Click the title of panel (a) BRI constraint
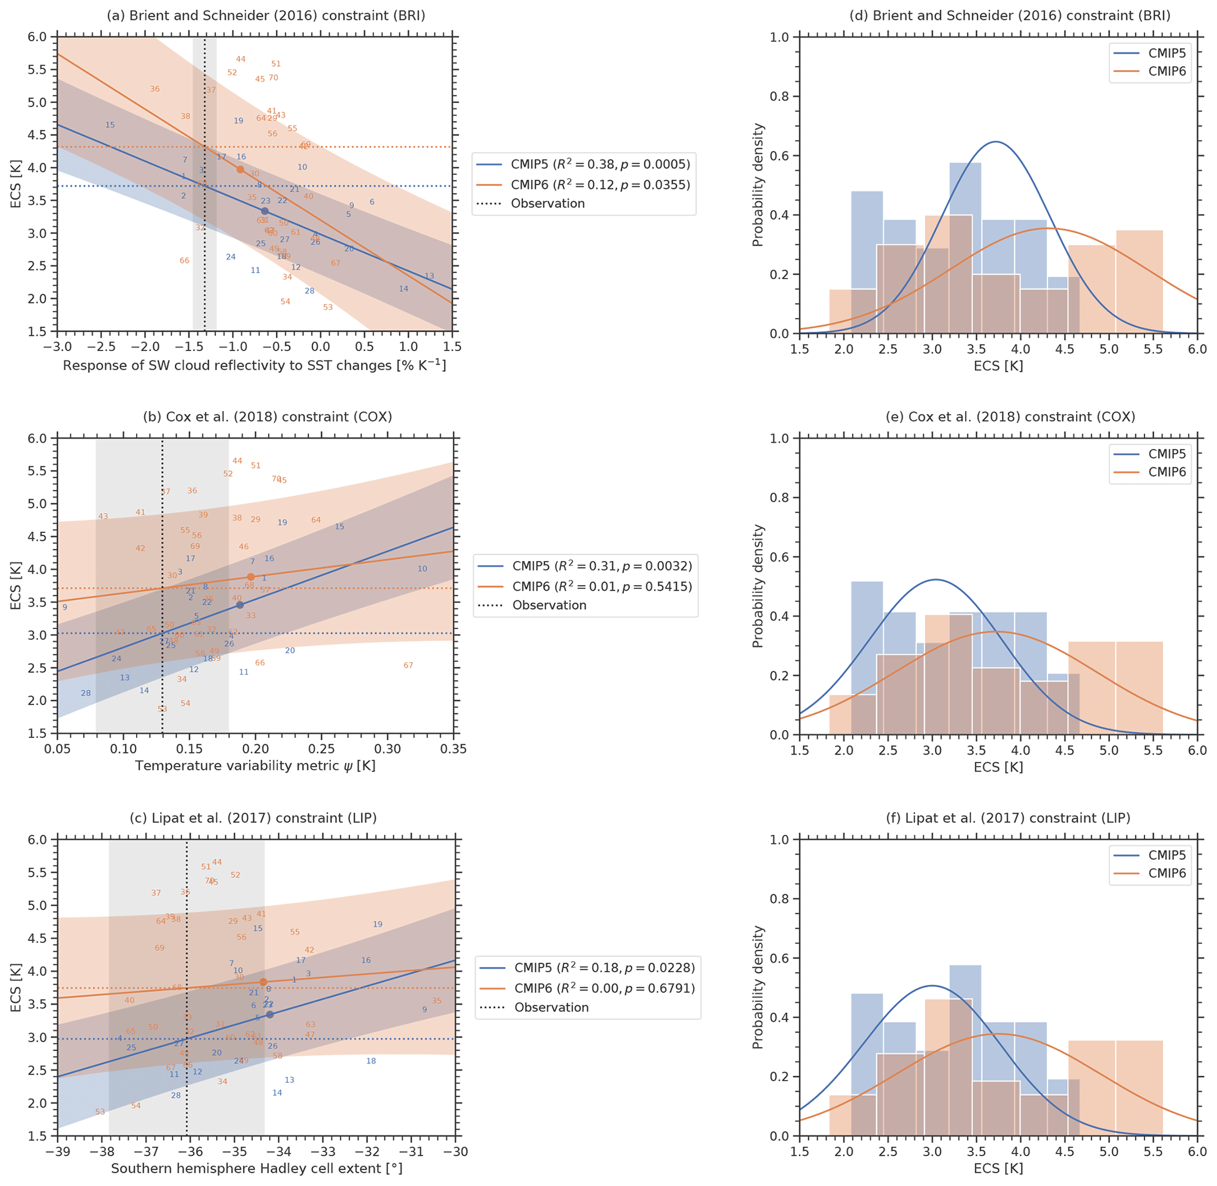click(x=266, y=15)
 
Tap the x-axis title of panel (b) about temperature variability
click(x=256, y=766)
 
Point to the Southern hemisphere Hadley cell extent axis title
click(x=257, y=1168)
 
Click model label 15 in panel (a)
click(x=110, y=125)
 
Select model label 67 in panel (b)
click(x=408, y=665)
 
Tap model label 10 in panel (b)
click(x=422, y=569)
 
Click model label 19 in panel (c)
click(x=377, y=925)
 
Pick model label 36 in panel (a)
click(x=154, y=89)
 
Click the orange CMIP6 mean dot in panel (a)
click(x=240, y=170)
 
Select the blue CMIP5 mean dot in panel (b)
click(x=240, y=605)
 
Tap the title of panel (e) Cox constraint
click(x=1010, y=417)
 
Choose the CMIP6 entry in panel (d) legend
click(x=1166, y=71)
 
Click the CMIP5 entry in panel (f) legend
click(x=1166, y=854)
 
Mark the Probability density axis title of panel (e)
click(x=758, y=586)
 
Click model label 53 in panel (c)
click(x=100, y=1112)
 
